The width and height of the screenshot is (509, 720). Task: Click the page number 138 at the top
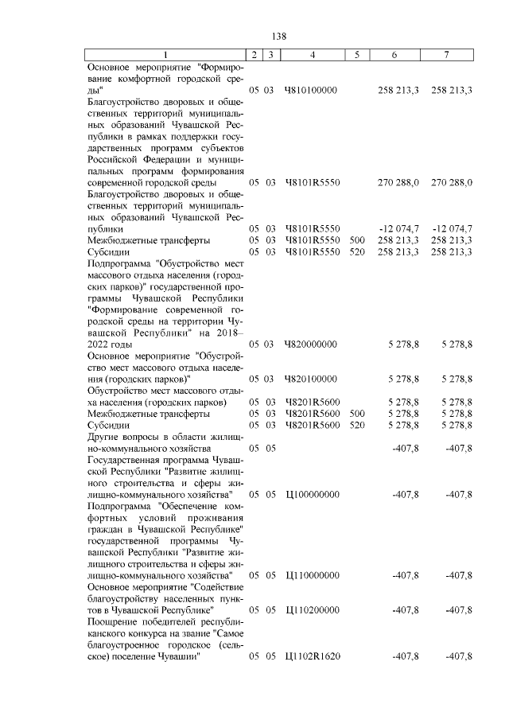(278, 37)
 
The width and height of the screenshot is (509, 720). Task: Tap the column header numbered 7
(449, 55)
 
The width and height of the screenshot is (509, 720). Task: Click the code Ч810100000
(311, 91)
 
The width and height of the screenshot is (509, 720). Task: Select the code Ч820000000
(311, 344)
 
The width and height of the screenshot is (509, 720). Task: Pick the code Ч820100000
(311, 379)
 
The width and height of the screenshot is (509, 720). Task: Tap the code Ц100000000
(311, 494)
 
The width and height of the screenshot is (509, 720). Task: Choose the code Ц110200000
(311, 609)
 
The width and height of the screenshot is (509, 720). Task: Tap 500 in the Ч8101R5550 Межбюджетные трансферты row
(357, 239)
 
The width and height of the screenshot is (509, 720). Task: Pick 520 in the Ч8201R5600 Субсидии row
(357, 425)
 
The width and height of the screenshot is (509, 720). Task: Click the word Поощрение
(115, 621)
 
